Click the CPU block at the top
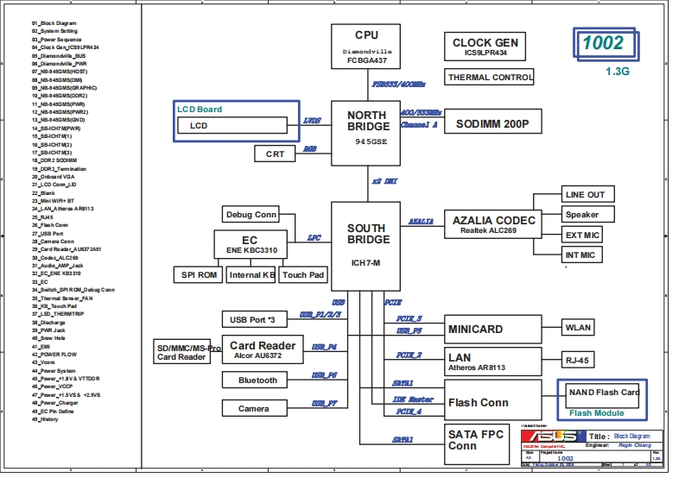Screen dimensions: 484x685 tap(366, 47)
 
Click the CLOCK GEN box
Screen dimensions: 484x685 tap(485, 47)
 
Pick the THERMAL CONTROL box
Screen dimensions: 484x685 tap(490, 78)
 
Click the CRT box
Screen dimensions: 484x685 tap(275, 154)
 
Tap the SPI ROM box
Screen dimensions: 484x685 tap(198, 275)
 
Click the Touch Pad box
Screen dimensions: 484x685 tap(304, 275)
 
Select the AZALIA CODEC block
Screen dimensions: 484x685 tap(494, 224)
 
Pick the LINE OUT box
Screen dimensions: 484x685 tap(585, 194)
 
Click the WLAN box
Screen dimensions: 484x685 tap(577, 328)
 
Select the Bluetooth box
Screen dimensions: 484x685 tap(257, 380)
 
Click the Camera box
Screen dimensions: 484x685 tap(253, 408)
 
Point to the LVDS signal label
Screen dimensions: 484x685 tap(313, 122)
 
